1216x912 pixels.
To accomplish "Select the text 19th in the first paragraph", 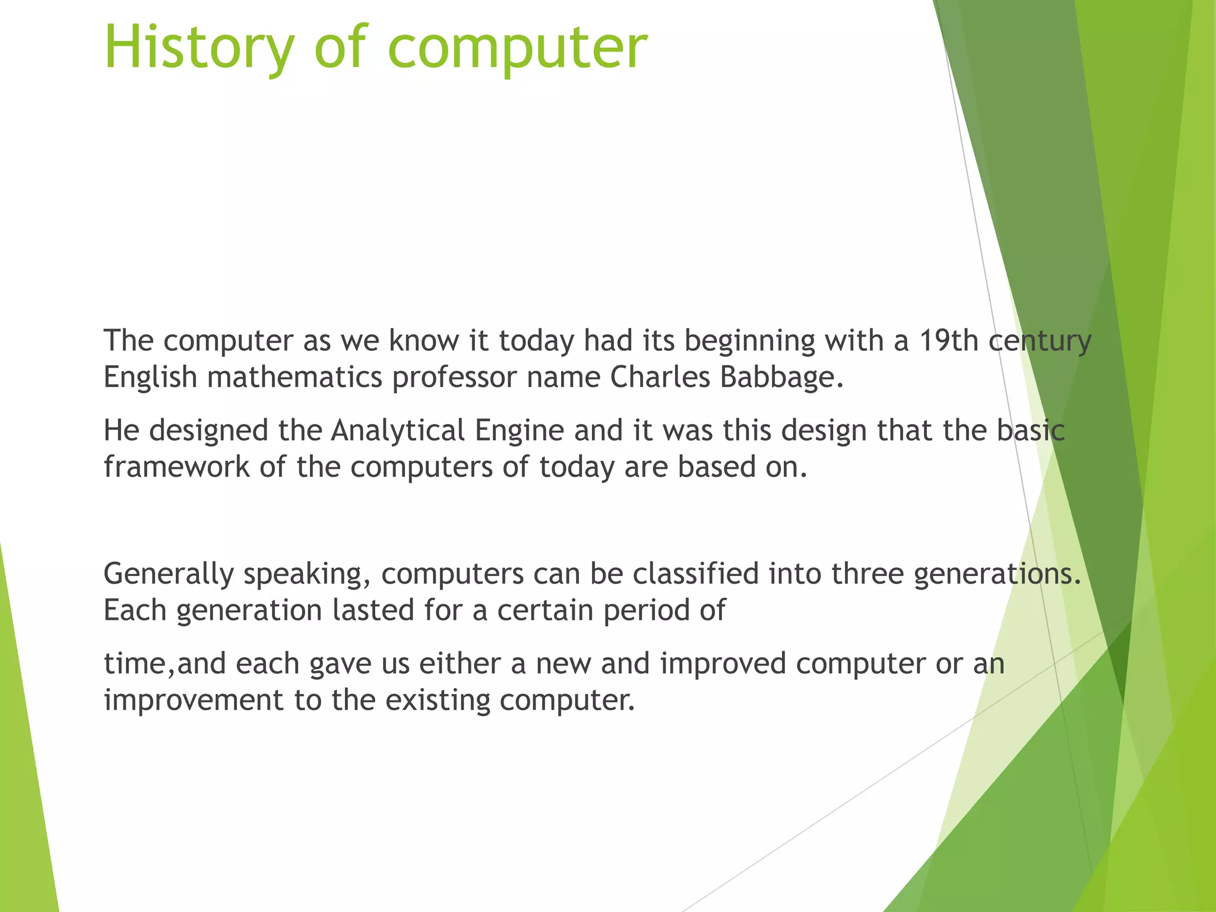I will [x=949, y=341].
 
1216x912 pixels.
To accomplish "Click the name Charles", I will [x=660, y=377].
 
